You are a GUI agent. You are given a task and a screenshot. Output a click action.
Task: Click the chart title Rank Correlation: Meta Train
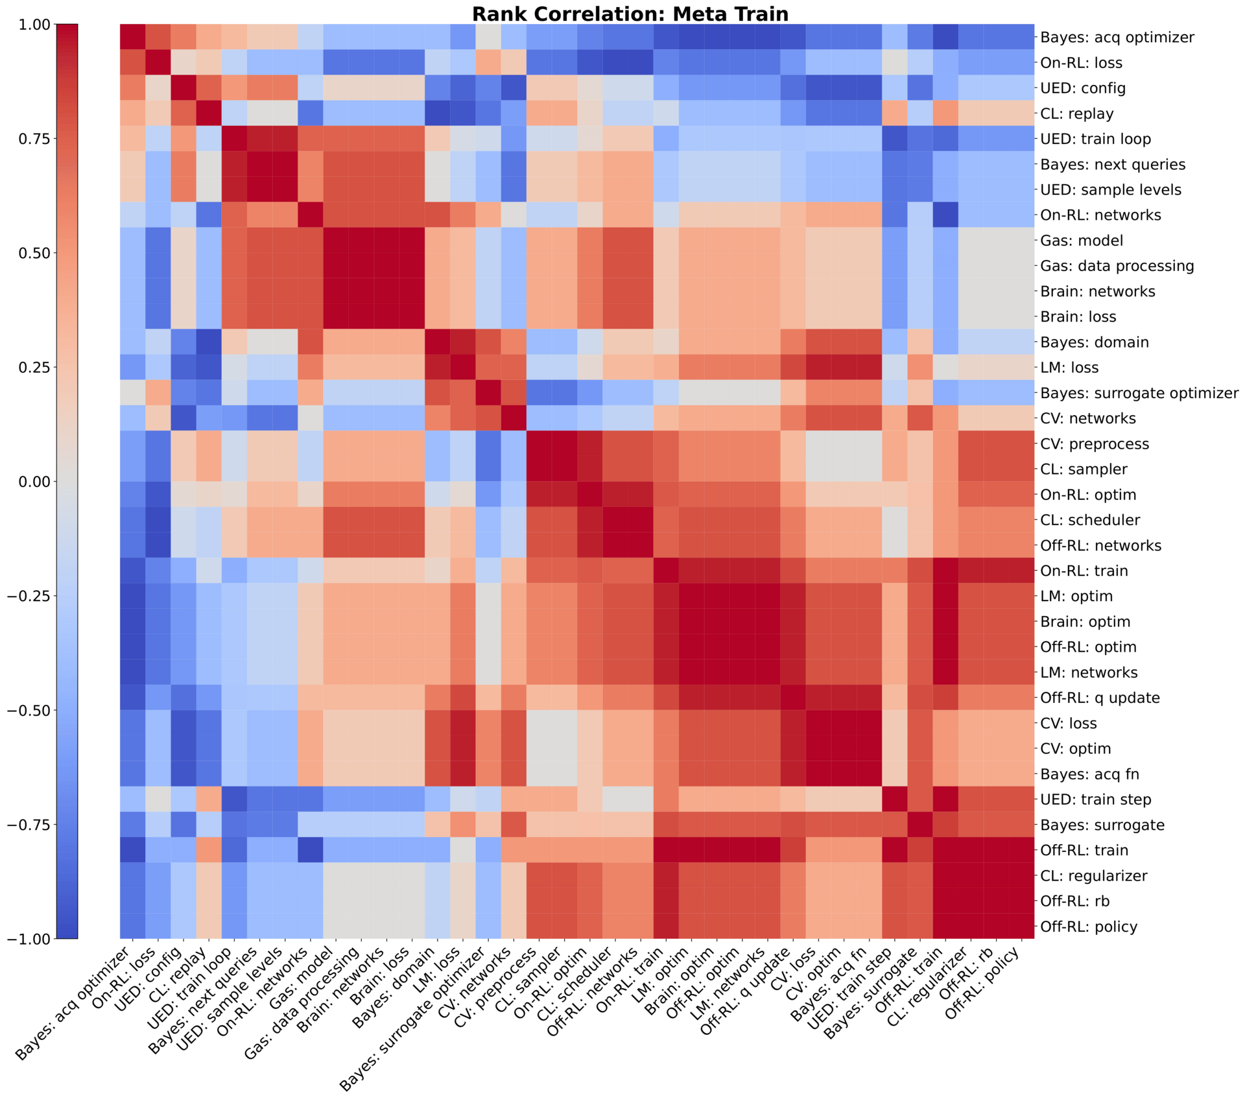pos(630,14)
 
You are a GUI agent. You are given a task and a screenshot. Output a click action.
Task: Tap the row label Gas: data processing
pos(1117,266)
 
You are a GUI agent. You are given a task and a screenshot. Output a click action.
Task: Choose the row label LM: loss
pos(1069,368)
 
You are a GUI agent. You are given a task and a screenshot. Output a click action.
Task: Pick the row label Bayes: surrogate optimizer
pos(1139,393)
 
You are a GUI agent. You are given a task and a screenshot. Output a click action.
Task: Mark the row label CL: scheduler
pos(1090,520)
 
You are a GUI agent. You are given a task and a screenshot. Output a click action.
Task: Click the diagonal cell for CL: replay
pos(209,113)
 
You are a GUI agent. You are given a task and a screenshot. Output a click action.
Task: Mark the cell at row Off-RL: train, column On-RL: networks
pos(311,850)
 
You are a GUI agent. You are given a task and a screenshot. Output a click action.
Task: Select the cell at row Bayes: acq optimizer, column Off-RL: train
pos(945,38)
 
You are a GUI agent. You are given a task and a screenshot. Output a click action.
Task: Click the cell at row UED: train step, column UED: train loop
pos(234,799)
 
